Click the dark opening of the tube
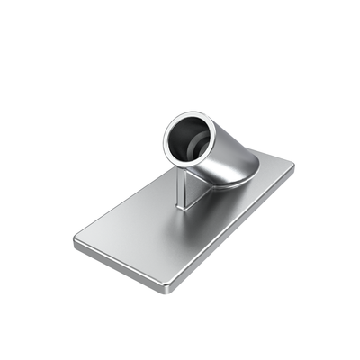190,140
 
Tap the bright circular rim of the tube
168,144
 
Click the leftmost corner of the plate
74,241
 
